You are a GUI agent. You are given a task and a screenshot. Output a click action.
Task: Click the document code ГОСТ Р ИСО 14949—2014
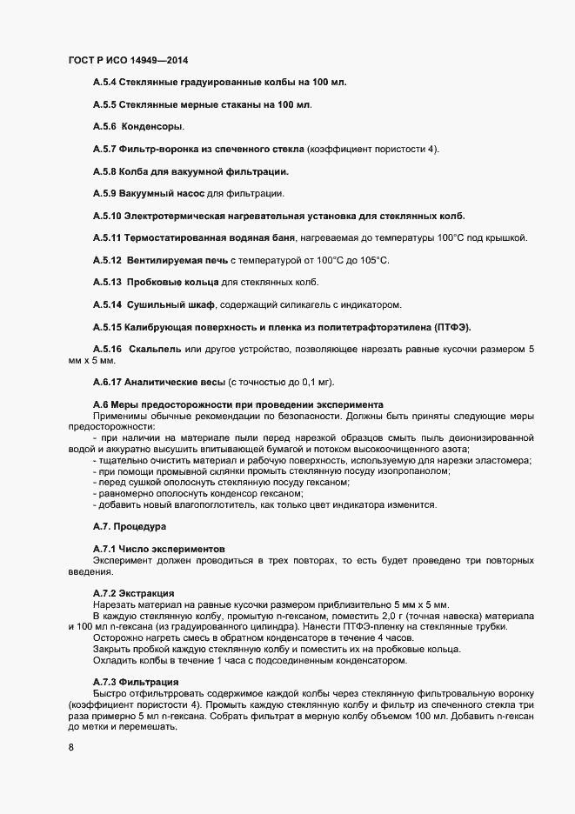pyautogui.click(x=127, y=60)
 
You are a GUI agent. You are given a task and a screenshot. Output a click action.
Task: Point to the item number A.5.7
pyautogui.click(x=104, y=150)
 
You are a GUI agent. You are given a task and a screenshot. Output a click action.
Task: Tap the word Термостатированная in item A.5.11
pyautogui.click(x=175, y=238)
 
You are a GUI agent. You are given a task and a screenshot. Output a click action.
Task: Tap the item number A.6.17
pyautogui.click(x=107, y=382)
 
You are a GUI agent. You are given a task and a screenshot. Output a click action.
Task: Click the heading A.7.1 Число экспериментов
pyautogui.click(x=159, y=550)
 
